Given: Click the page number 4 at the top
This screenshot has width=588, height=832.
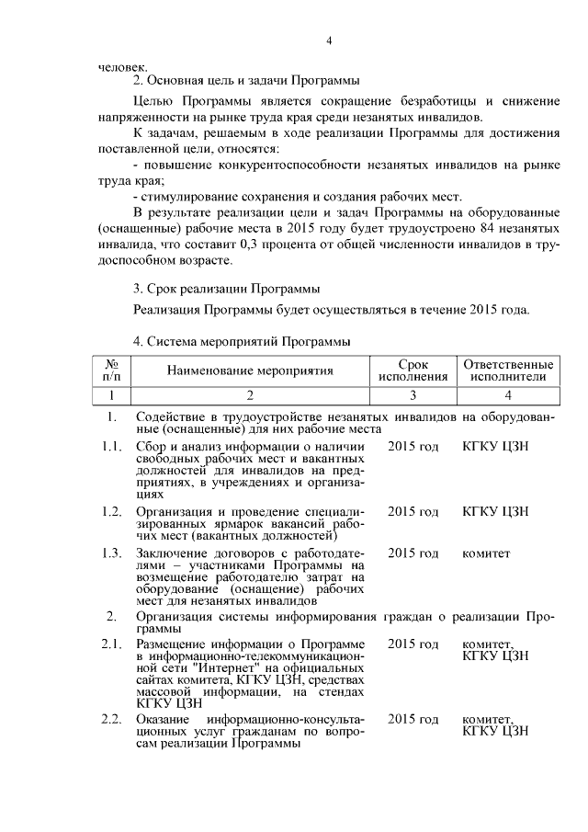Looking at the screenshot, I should (328, 40).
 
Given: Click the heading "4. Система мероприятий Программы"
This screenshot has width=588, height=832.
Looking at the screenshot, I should (243, 342).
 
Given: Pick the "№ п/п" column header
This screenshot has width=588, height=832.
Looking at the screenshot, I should (111, 370).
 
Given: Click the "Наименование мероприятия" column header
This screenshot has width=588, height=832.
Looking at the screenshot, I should (249, 370).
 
